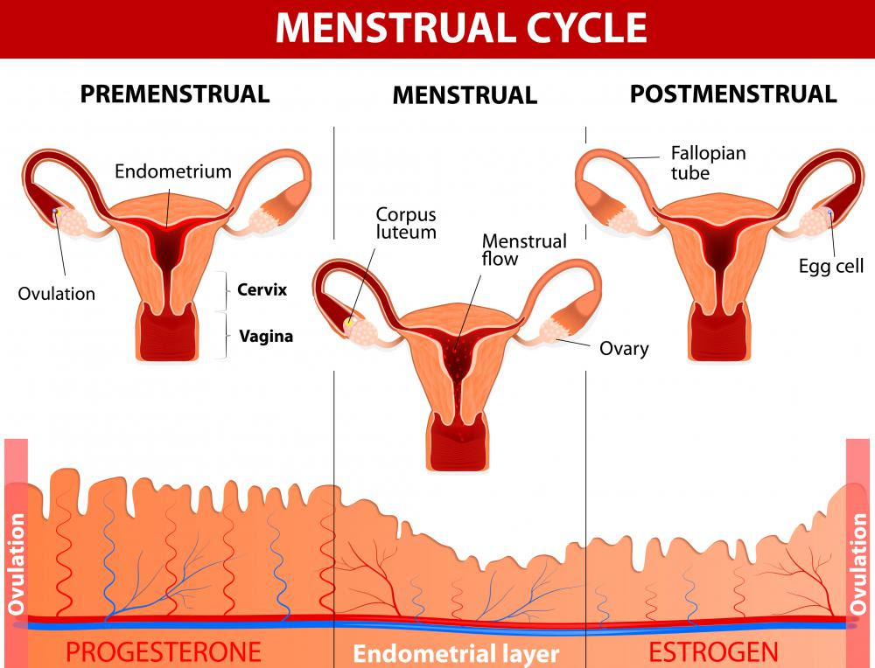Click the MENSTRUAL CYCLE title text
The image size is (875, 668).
click(x=461, y=27)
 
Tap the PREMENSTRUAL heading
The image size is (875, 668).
click(x=175, y=94)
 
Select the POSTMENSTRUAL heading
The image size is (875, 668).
click(x=733, y=94)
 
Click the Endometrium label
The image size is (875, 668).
click(x=173, y=171)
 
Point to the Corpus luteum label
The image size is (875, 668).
click(x=406, y=223)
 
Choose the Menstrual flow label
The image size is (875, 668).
click(x=524, y=250)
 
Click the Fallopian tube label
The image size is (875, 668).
click(x=708, y=163)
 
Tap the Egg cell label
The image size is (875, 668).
click(x=831, y=266)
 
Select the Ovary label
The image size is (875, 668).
click(x=624, y=349)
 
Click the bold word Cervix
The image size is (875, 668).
click(x=262, y=289)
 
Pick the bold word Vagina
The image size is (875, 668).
click(x=266, y=337)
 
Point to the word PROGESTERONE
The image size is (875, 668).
click(x=164, y=652)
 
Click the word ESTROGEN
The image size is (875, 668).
click(x=713, y=652)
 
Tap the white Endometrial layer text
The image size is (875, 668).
click(x=456, y=653)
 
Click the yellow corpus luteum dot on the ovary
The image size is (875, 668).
click(x=349, y=322)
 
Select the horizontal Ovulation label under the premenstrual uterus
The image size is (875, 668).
click(x=56, y=294)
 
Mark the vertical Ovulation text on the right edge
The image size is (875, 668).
click(x=857, y=564)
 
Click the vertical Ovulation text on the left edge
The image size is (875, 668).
click(x=16, y=564)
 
